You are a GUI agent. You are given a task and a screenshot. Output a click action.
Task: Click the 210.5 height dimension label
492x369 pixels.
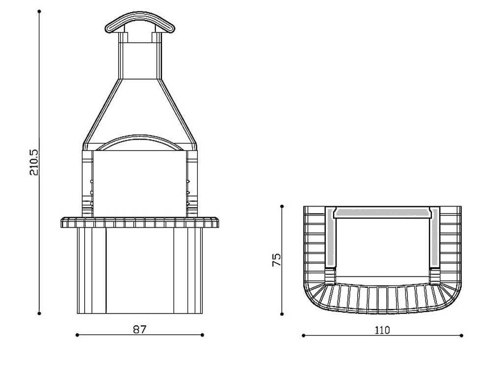point(34,162)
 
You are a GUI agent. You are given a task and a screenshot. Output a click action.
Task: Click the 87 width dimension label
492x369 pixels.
point(140,329)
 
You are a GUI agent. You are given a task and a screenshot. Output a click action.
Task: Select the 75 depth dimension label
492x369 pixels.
point(277,260)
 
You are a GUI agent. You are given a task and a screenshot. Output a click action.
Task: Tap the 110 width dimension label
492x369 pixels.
point(382,330)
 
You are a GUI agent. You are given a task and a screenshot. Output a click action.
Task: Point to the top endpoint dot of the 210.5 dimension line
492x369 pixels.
point(39,11)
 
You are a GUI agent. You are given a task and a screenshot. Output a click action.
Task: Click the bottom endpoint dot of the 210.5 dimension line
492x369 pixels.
point(39,313)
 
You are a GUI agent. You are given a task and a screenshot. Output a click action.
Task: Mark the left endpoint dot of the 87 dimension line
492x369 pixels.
point(77,335)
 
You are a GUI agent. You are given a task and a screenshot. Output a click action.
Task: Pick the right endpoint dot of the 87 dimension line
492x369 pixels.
point(203,335)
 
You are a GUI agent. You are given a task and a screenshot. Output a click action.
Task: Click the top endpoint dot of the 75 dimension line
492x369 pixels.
point(282,206)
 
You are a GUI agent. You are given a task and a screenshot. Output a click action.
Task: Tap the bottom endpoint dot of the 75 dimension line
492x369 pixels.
point(282,313)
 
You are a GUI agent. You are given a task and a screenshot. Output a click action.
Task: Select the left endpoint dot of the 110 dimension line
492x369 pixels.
point(303,336)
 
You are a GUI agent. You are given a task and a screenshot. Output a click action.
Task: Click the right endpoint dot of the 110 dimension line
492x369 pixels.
point(461,336)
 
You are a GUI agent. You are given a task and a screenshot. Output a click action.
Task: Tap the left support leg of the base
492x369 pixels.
point(92,271)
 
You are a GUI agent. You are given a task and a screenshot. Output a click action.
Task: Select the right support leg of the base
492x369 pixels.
point(188,271)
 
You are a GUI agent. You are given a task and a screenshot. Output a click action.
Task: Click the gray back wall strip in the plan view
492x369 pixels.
point(382,213)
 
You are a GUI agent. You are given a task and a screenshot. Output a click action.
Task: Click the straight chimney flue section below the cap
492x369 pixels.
point(140,59)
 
